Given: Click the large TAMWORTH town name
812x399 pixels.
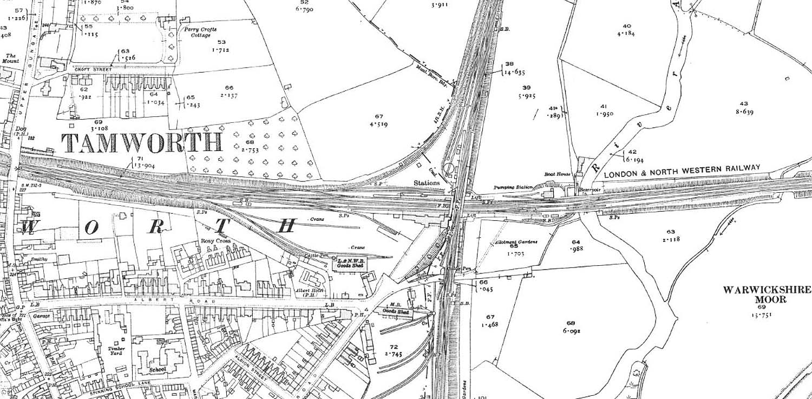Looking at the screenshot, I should pos(142,142).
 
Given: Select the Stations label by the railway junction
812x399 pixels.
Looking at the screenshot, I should pos(427,183).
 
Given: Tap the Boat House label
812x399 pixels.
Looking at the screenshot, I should pos(557,174).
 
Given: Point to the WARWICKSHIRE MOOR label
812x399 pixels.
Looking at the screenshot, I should pos(765,295).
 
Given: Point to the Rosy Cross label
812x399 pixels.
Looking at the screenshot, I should pos(216,241).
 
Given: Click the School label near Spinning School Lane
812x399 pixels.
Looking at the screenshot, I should pos(158,370).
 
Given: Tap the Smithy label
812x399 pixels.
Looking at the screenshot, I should pos(39,259).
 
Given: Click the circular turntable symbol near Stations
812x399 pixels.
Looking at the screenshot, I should pos(449,169).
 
